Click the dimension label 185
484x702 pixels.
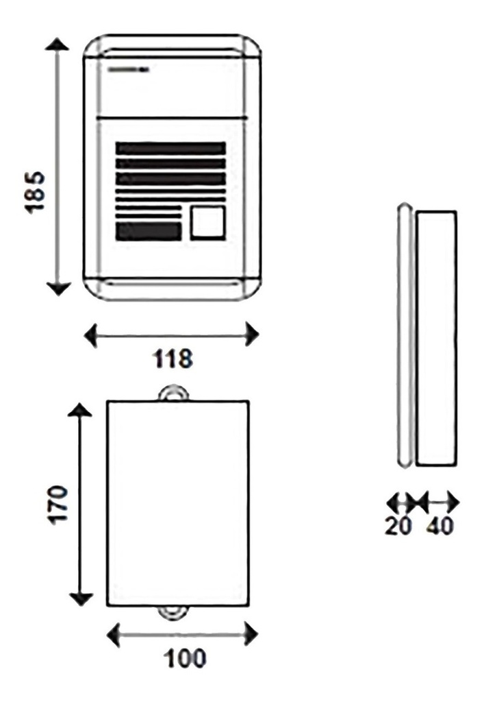(x=35, y=192)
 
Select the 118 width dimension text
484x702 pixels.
(x=173, y=358)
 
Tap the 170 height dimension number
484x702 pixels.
(x=58, y=504)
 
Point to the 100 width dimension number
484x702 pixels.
(x=185, y=658)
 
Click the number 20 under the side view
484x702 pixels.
(x=398, y=526)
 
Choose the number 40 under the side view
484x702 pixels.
(x=440, y=526)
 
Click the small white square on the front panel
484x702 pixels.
(x=208, y=223)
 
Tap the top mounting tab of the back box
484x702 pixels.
(x=174, y=392)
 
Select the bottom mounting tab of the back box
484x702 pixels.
(x=174, y=614)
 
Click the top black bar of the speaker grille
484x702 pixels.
(x=170, y=149)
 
